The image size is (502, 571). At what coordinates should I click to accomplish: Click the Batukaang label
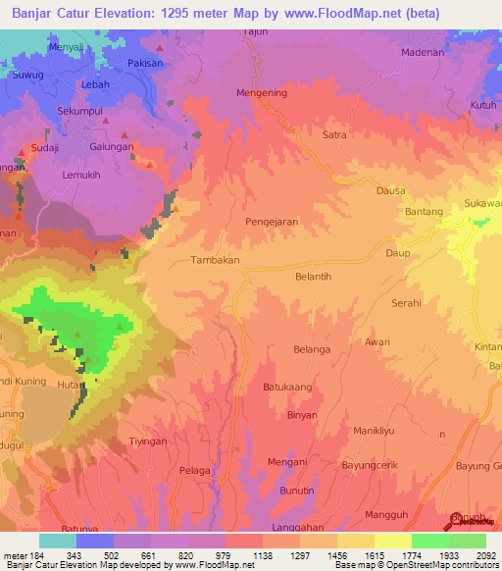tap(287, 388)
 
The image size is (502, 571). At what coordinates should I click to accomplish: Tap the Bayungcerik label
tap(372, 464)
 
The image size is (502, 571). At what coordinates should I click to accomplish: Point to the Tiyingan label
tap(149, 441)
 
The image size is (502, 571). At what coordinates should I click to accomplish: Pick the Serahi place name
tap(406, 304)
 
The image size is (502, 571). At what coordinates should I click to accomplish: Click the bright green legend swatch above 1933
tap(430, 541)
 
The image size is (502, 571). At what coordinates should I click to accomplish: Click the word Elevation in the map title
tap(123, 11)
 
